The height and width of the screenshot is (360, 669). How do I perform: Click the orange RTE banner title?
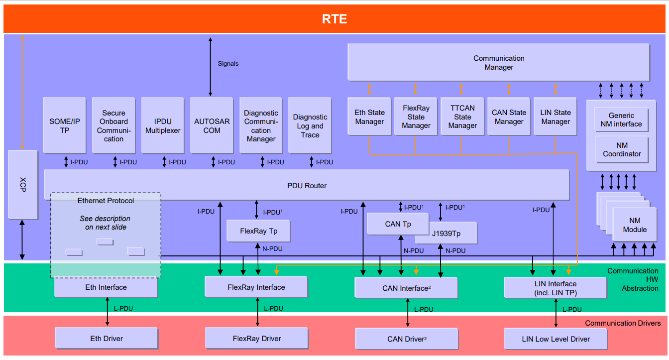(334, 19)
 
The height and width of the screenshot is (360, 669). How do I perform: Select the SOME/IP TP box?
(65, 125)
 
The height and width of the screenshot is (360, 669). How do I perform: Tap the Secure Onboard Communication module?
(113, 125)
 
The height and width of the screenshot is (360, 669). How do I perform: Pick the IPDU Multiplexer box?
(163, 125)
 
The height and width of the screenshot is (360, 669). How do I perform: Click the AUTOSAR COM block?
(212, 125)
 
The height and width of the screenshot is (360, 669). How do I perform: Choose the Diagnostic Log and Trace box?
(310, 125)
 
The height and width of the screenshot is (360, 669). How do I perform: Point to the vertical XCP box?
(23, 185)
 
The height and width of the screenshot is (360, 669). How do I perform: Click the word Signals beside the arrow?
(228, 64)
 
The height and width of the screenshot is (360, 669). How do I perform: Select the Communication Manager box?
(498, 62)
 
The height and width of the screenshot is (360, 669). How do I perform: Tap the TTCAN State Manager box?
(462, 117)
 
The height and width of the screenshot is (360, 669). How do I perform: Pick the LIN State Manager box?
(555, 117)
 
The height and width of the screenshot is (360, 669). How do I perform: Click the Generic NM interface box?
(621, 120)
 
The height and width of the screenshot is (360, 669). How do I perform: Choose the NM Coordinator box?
(622, 149)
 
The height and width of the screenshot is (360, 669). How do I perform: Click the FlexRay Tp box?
(258, 231)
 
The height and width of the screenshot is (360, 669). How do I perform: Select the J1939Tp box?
(446, 234)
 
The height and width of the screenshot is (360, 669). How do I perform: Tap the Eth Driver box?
(107, 339)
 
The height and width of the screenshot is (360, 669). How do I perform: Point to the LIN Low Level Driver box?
(556, 339)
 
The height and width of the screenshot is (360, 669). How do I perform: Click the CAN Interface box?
(406, 288)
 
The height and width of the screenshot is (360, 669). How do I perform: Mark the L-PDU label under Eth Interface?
(123, 308)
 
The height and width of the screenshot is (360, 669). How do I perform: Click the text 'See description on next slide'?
(106, 223)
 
